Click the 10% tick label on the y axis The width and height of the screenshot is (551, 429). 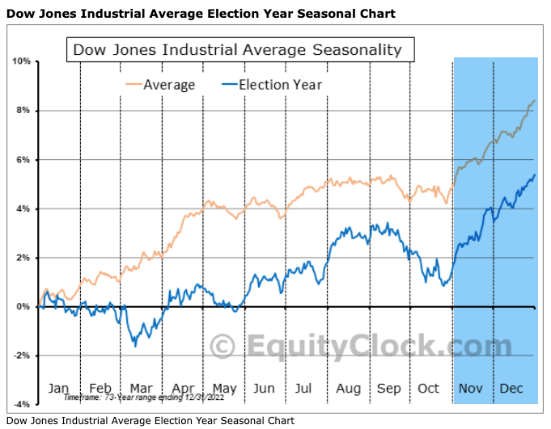21,61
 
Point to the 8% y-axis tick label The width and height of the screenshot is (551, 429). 23,111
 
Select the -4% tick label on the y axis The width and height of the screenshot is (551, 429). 21,404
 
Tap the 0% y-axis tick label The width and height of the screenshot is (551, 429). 23,306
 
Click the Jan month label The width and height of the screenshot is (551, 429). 59,389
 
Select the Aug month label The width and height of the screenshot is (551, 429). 348,389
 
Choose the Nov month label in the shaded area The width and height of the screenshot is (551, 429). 470,389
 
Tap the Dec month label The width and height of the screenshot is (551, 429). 511,389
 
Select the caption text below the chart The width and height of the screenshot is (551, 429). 151,420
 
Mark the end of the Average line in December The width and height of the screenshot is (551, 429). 535,100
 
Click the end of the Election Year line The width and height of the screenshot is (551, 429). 535,175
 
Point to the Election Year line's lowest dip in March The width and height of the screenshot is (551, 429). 135,346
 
